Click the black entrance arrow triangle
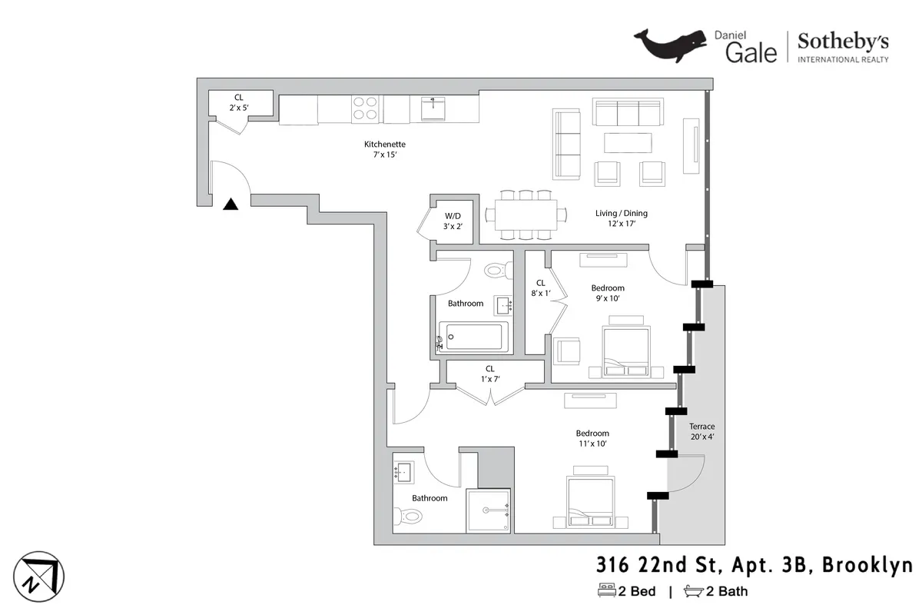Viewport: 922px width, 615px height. pyautogui.click(x=230, y=204)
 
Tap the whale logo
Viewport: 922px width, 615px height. pyautogui.click(x=668, y=45)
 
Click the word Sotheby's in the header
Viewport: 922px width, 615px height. pyautogui.click(x=843, y=42)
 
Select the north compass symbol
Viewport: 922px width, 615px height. pyautogui.click(x=39, y=577)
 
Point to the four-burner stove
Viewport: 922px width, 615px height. pyautogui.click(x=364, y=108)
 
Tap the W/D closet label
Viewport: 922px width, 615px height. pyautogui.click(x=453, y=221)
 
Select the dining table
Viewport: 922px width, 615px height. pyautogui.click(x=526, y=214)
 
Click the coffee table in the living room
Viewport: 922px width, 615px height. pyautogui.click(x=628, y=143)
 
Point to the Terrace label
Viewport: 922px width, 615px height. pyautogui.click(x=701, y=431)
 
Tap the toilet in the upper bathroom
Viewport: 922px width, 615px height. pyautogui.click(x=499, y=271)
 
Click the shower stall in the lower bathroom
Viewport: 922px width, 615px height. pyautogui.click(x=488, y=510)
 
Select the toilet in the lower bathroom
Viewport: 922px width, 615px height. pyautogui.click(x=406, y=517)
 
